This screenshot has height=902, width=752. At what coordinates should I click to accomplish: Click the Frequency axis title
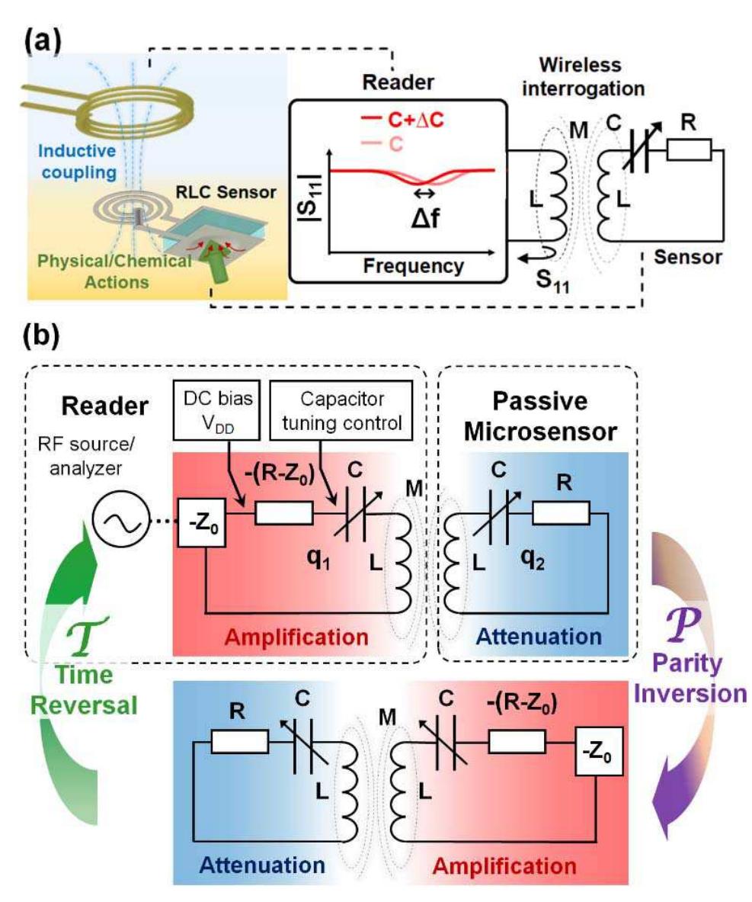tap(414, 266)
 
